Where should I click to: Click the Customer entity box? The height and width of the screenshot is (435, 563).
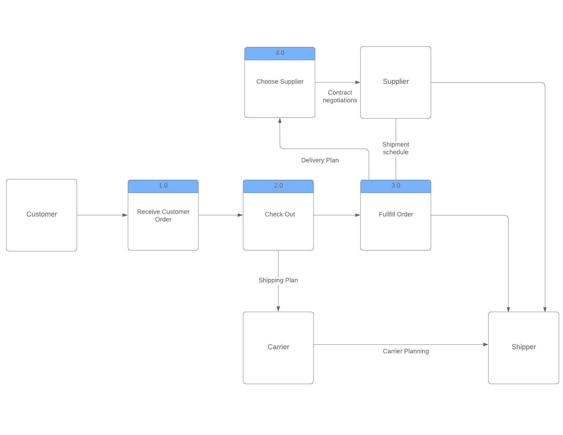[42, 215]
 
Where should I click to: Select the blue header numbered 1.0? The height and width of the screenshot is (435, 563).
[163, 186]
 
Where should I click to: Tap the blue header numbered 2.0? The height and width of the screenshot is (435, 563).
[278, 186]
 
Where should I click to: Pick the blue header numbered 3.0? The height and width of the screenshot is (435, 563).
[396, 186]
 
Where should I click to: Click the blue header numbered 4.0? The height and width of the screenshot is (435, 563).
[280, 53]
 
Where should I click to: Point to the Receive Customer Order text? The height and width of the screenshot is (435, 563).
[163, 216]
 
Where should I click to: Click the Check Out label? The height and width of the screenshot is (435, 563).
[280, 214]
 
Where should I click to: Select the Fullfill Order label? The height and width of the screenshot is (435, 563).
[396, 214]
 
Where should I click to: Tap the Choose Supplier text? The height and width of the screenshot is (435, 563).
[280, 82]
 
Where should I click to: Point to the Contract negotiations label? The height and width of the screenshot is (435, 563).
[340, 96]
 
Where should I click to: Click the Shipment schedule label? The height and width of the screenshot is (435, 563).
[396, 148]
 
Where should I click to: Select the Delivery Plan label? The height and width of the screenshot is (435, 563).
[320, 160]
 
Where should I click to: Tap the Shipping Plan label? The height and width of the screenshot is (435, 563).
[278, 280]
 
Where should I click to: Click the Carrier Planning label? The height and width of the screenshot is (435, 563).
[406, 351]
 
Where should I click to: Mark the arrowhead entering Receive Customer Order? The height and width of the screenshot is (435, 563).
[125, 215]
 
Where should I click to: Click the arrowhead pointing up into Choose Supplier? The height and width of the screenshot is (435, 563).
[280, 121]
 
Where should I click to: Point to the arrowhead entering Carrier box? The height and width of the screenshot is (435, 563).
[278, 309]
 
